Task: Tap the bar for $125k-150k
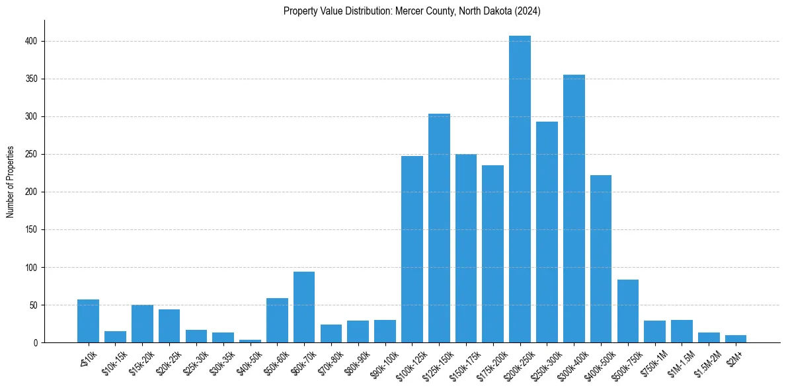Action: (439, 228)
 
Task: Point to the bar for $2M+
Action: (736, 339)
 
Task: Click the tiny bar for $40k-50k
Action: (250, 341)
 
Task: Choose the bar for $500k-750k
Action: (628, 311)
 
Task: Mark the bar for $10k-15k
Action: (115, 337)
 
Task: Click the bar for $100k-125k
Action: (412, 250)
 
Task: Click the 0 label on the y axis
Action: (38, 343)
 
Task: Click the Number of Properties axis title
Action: (10, 182)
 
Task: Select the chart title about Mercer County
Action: (412, 11)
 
